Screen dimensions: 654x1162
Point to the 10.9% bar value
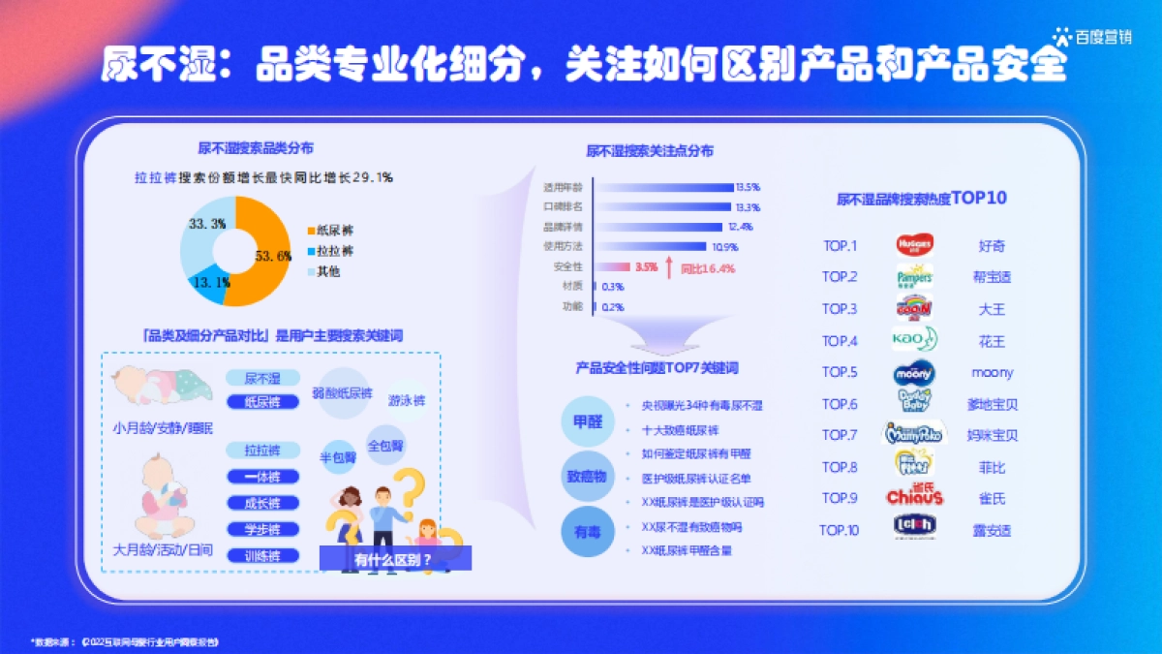pos(724,247)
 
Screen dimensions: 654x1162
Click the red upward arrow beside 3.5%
pos(668,268)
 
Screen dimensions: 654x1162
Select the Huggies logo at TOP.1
pos(913,245)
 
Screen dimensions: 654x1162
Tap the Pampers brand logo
pos(913,277)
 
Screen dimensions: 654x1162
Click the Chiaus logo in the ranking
pos(913,498)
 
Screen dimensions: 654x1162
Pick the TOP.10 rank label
pos(839,530)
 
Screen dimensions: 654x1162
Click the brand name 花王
pos(992,341)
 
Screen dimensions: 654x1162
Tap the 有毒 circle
pos(588,533)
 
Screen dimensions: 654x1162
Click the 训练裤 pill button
pos(262,556)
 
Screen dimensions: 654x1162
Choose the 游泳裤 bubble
pos(407,400)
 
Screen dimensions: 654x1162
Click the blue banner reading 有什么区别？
pos(395,558)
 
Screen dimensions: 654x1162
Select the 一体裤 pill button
pos(262,477)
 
